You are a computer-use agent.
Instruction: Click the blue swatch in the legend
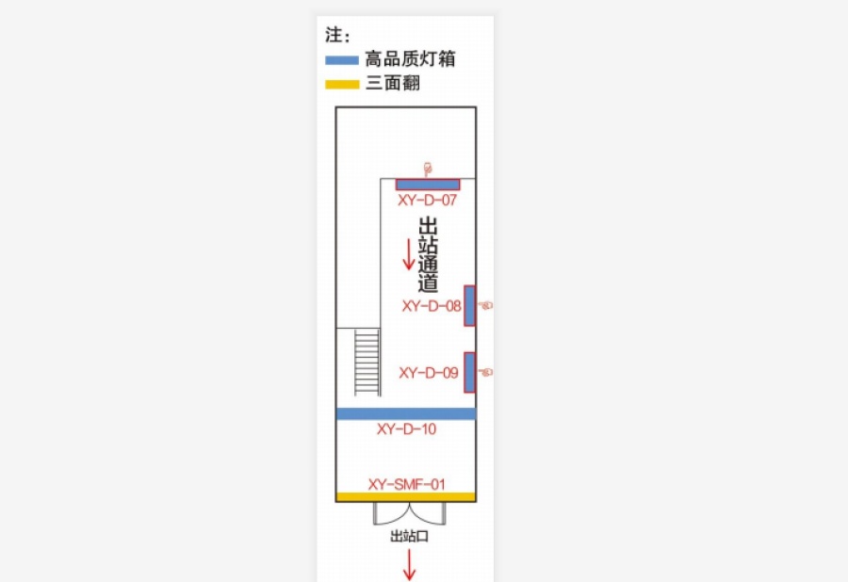342,60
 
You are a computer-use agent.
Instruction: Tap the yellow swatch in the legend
342,85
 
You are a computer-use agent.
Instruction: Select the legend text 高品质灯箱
410,59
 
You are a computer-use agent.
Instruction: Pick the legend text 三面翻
393,83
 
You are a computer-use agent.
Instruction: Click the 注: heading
338,35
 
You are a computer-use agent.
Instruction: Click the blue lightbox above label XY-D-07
428,185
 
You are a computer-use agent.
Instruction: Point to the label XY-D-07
427,201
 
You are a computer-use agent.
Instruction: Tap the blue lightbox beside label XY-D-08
469,306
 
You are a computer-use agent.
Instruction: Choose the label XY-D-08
432,306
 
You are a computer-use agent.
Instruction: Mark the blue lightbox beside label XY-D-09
469,372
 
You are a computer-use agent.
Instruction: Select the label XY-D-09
429,373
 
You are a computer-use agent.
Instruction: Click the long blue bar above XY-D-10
406,414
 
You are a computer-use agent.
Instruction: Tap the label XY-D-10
406,429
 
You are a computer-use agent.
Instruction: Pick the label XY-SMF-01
406,484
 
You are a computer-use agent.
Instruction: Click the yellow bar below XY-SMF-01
406,497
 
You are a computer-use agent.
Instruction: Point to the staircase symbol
367,363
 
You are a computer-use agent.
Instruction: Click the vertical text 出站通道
428,254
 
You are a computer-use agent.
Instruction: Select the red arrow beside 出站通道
409,254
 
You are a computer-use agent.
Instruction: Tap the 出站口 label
410,536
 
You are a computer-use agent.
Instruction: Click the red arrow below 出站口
410,565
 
